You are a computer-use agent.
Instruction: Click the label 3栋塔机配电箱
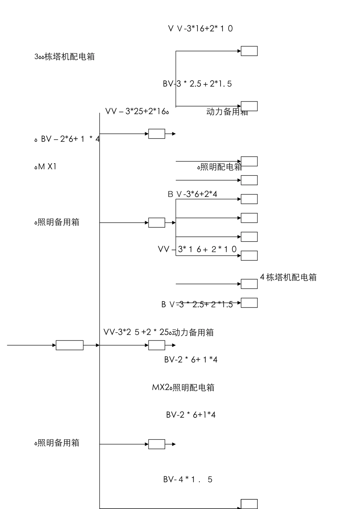coord(64,57)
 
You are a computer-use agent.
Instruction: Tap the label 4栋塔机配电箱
coord(288,277)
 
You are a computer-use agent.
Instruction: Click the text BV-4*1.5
coord(188,479)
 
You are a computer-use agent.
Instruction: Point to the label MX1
coord(45,166)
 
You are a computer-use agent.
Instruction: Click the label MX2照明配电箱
coord(183,387)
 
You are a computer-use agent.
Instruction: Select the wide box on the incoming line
coord(70,345)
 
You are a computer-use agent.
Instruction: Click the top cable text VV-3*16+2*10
coord(200,28)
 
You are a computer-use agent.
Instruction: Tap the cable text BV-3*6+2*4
coord(193,194)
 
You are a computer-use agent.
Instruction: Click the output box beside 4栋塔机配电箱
coord(249,284)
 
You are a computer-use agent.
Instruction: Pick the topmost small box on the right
coord(249,51)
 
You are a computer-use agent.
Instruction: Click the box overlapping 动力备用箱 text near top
coord(249,106)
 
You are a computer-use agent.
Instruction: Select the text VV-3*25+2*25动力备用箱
coord(158,332)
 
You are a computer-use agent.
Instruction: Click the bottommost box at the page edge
coord(249,504)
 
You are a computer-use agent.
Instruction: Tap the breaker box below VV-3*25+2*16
coord(157,134)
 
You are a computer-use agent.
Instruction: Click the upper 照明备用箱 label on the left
coord(57,222)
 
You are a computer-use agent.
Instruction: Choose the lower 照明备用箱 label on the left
coord(57,443)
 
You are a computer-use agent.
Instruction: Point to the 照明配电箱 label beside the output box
coord(219,167)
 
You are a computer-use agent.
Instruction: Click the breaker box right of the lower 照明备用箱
coord(157,444)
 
